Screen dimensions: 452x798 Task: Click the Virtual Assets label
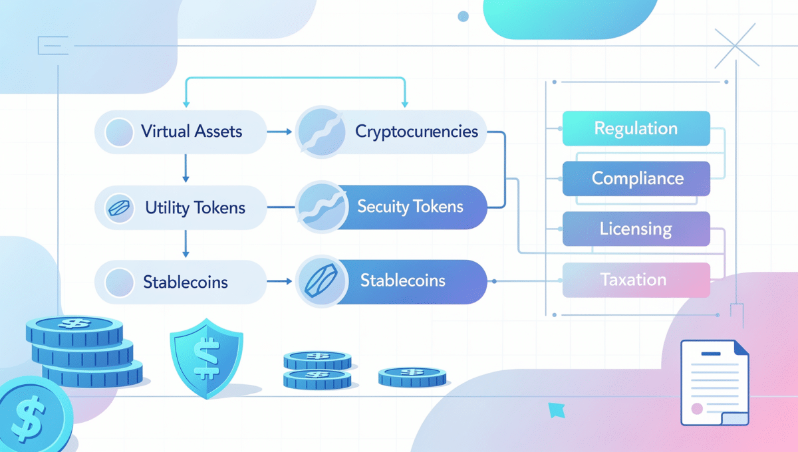click(192, 131)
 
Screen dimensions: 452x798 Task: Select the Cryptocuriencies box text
click(416, 131)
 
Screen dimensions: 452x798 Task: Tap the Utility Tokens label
click(195, 207)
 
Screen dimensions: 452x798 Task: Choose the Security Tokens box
click(410, 207)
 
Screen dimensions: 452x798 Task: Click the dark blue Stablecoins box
click(403, 281)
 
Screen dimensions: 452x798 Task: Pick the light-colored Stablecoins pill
click(186, 282)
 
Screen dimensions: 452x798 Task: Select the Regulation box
click(636, 128)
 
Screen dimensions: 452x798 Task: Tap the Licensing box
click(636, 229)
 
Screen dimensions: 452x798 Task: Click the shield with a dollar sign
click(206, 356)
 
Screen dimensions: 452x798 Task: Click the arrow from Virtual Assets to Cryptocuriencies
click(279, 132)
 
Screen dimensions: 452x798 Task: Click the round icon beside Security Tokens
click(321, 207)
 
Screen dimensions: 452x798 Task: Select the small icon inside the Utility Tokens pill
click(120, 208)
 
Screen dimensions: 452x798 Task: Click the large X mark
click(736, 48)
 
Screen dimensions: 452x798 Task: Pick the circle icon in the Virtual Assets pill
click(120, 132)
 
